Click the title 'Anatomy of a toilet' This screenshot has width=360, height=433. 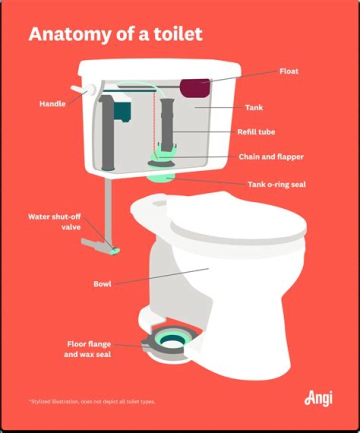click(115, 34)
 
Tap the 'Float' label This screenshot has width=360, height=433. click(288, 71)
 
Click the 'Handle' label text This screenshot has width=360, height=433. click(52, 104)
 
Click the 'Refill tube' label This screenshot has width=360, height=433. click(256, 132)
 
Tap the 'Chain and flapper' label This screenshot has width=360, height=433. click(271, 156)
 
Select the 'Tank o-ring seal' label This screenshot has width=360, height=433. click(276, 184)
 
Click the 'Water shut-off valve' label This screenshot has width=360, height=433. click(54, 221)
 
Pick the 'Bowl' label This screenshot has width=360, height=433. click(102, 284)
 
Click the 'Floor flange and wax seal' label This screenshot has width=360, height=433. click(89, 349)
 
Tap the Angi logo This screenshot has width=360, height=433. click(318, 398)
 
